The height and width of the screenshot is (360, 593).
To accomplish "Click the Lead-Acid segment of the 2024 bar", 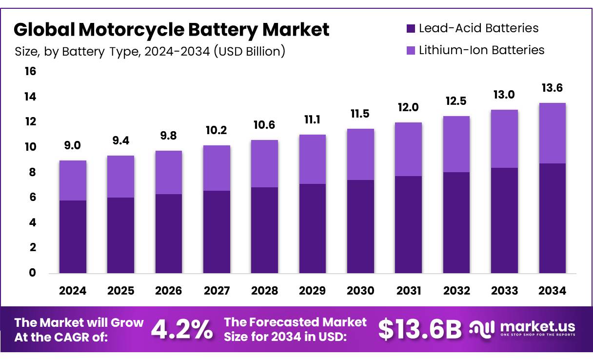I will point(73,237).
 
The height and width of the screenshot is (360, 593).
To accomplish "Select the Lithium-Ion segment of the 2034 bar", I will point(553,133).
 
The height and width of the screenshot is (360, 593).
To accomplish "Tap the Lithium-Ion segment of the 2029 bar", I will point(313,160).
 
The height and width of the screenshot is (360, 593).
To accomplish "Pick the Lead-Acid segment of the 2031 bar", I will point(409,224).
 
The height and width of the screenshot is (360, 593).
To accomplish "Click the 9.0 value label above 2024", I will point(73,144).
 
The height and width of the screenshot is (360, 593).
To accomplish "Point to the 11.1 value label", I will point(313,119).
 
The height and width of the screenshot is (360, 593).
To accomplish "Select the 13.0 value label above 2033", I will point(504,94).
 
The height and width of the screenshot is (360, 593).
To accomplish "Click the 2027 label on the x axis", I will point(217,291).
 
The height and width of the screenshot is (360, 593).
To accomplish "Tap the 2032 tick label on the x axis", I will point(457,291).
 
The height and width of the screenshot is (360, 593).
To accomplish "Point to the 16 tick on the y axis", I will point(30,72).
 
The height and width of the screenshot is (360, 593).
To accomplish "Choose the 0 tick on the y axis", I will point(32,273).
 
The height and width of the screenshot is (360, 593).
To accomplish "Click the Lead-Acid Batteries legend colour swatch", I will point(411,29).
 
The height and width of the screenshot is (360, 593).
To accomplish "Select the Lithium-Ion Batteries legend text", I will point(481,50).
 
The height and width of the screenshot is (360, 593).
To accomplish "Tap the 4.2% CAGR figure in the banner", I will point(182,330).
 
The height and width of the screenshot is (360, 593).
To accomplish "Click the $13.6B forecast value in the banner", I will point(420,330).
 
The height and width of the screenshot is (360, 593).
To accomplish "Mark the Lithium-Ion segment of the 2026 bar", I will point(169,172).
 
